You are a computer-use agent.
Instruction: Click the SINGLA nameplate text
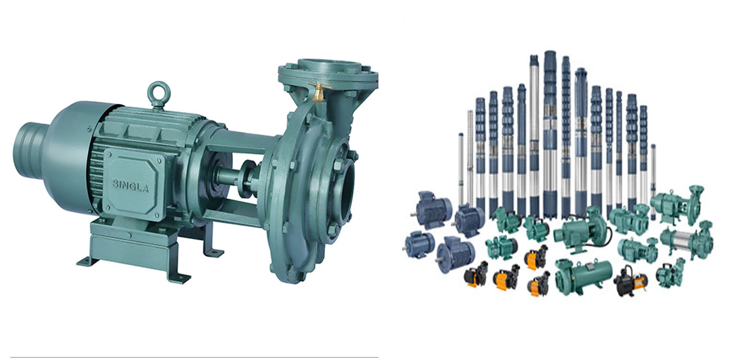click(x=131, y=185)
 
